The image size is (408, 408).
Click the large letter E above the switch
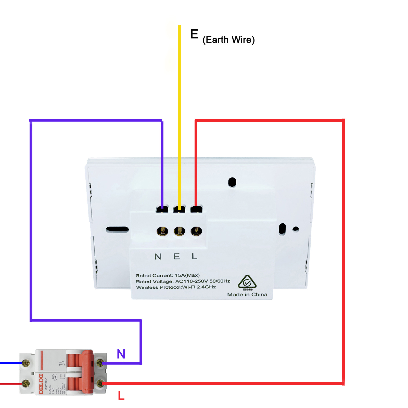click(x=194, y=34)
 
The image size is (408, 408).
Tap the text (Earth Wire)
click(x=228, y=40)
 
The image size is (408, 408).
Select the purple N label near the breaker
click(x=121, y=354)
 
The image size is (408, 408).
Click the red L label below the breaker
click(x=121, y=396)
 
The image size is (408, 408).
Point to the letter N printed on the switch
click(x=158, y=257)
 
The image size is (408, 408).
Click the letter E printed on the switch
click(x=177, y=256)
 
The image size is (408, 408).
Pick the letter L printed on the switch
click(x=195, y=256)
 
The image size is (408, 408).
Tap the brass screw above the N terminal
click(x=162, y=231)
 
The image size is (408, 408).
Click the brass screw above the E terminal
click(x=179, y=231)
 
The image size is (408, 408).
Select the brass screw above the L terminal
click(x=196, y=231)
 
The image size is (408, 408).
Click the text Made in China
click(x=247, y=295)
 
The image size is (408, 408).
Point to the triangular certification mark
click(x=247, y=282)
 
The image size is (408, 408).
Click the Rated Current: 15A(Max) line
click(x=168, y=275)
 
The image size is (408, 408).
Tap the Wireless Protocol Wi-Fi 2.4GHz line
click(x=176, y=287)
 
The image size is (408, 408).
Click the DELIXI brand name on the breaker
click(x=41, y=384)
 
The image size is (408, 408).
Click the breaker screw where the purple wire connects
click(x=100, y=363)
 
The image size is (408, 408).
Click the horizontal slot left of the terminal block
click(x=117, y=229)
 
